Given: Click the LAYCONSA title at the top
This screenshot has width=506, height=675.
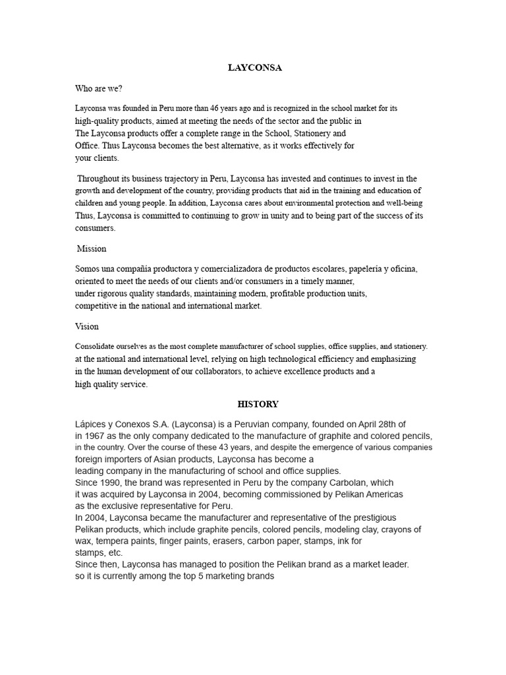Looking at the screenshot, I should point(253,68).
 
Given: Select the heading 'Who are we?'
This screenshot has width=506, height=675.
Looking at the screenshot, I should point(99,88).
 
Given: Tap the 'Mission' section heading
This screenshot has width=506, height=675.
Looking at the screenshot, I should point(92,249).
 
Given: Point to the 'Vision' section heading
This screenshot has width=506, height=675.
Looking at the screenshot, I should point(87,326).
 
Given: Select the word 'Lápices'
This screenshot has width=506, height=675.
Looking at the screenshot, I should point(92,424).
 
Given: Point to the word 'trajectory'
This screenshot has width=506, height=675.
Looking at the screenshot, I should point(178,179).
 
